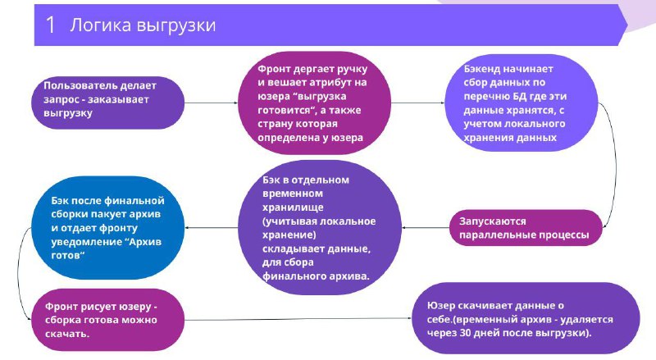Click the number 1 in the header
(50, 25)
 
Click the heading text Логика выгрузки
(143, 25)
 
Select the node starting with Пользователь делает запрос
(108, 103)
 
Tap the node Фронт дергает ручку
(314, 103)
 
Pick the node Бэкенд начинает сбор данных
(521, 103)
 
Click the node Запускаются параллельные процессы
(526, 228)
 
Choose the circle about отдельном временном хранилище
(320, 227)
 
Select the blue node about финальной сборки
(108, 228)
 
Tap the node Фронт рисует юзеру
(108, 320)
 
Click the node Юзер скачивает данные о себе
(526, 318)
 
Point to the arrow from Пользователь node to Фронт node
(211, 103)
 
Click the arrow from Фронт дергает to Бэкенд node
(417, 103)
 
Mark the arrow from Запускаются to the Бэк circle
(426, 228)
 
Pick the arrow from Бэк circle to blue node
(211, 228)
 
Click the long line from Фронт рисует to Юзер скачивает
(298, 319)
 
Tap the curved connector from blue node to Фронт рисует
(18, 274)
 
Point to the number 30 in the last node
(465, 333)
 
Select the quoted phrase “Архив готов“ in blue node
(107, 248)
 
